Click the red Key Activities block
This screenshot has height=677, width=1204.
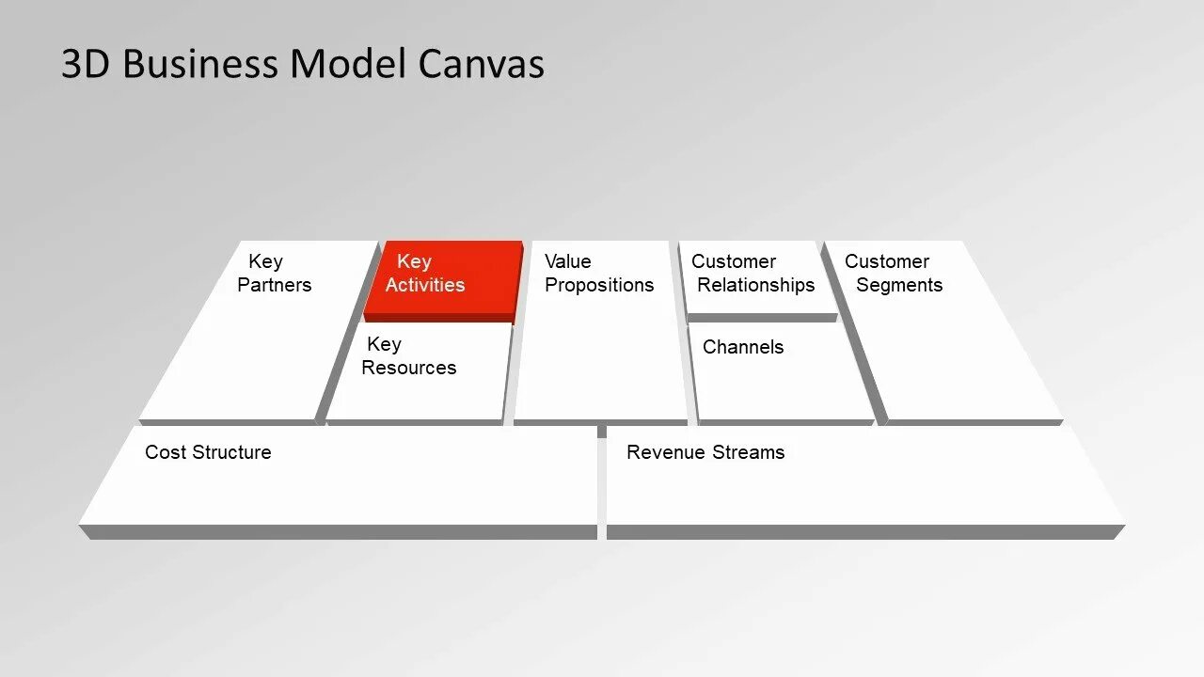click(442, 279)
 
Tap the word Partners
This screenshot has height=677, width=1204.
click(274, 285)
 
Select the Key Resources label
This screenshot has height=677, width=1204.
click(408, 356)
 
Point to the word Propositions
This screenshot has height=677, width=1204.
click(599, 285)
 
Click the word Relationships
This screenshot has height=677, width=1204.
click(755, 285)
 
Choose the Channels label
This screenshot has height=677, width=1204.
click(742, 347)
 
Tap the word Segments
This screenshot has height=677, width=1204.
click(898, 285)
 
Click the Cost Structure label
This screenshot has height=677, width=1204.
click(208, 452)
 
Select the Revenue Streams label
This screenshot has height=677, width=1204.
click(705, 452)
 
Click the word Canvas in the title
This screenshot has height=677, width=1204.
click(481, 64)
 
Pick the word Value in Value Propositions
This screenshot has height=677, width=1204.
click(568, 261)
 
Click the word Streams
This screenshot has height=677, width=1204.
click(748, 452)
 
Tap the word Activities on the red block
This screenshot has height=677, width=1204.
click(425, 285)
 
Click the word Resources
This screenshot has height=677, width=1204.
click(408, 368)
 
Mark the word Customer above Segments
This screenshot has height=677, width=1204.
click(886, 261)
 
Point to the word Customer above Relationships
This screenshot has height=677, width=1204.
click(734, 261)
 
